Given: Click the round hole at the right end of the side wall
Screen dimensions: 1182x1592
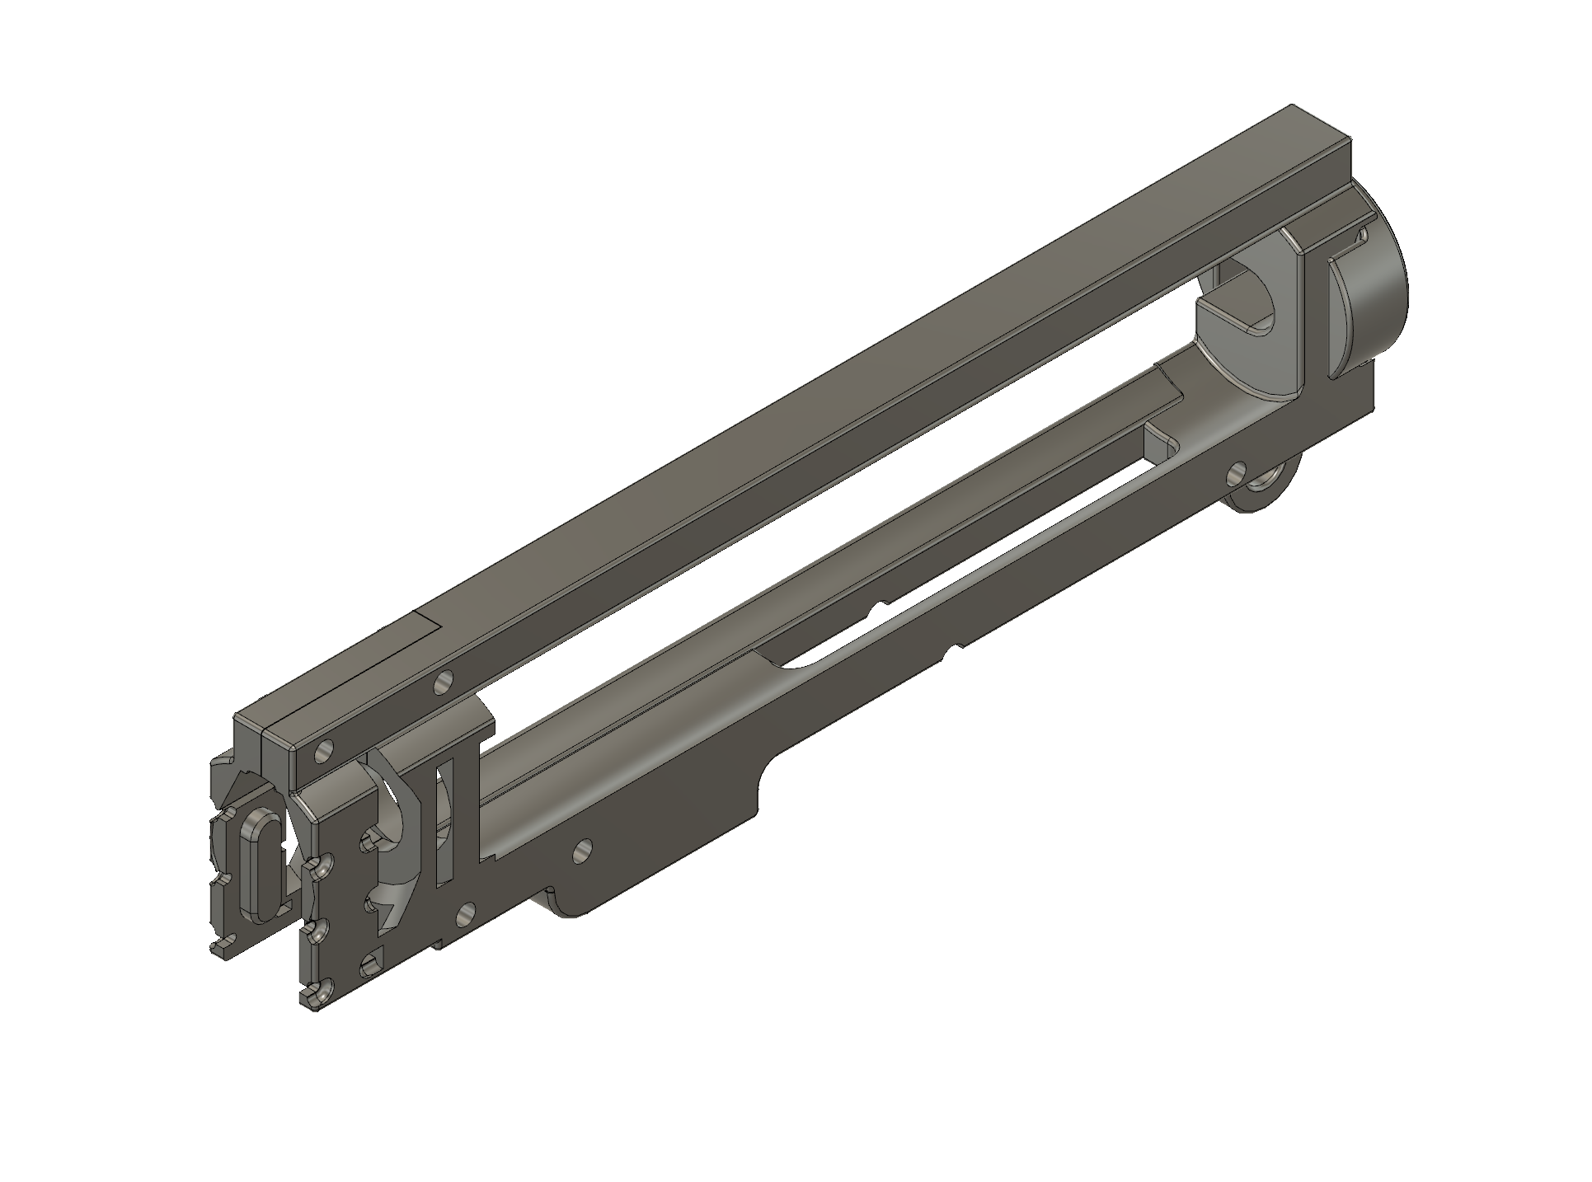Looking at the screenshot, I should coord(1236,472).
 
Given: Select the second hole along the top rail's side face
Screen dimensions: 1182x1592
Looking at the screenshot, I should coord(444,682).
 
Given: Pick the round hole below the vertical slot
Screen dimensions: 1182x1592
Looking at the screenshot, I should coord(467,912).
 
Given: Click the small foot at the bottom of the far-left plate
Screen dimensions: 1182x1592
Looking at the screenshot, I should coord(221,949).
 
